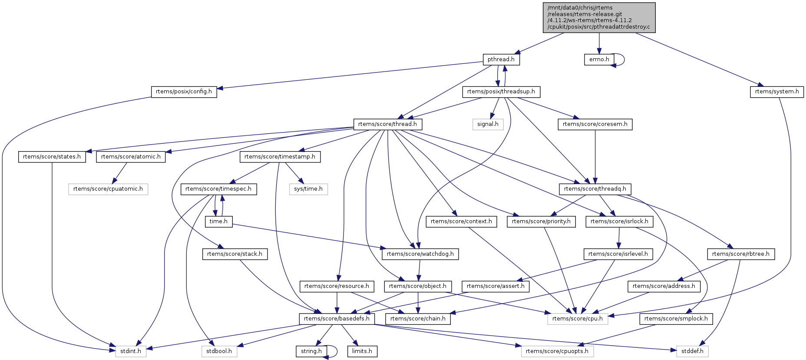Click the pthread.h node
(x=501, y=59)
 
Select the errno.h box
(x=599, y=59)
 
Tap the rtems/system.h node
(x=776, y=92)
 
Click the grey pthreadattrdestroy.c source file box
(x=599, y=17)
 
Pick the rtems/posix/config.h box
(x=184, y=92)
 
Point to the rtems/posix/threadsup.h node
(x=501, y=92)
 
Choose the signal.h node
(x=488, y=124)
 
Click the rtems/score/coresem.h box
(x=595, y=124)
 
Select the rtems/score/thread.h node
(x=387, y=124)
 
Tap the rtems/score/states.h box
(x=52, y=157)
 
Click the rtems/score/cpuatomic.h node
(x=108, y=189)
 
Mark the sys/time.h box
(x=308, y=189)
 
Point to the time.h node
(x=218, y=221)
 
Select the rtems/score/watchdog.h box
(x=420, y=254)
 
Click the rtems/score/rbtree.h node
(x=740, y=254)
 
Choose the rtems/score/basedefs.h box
(x=337, y=319)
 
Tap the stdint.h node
(x=131, y=351)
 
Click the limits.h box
(x=362, y=351)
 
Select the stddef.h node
(x=692, y=351)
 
